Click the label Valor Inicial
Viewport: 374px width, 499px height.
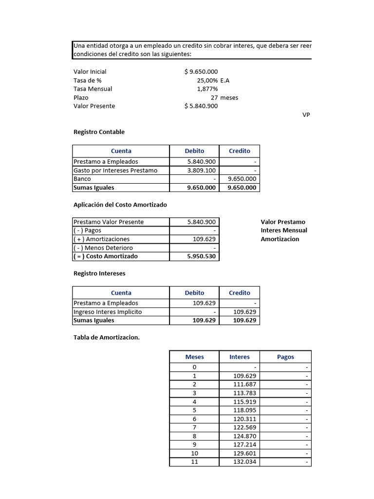90,72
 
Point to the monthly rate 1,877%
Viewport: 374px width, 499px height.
207,89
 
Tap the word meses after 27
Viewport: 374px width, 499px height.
229,97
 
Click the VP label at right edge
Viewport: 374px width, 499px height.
306,115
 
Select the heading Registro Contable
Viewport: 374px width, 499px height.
99,132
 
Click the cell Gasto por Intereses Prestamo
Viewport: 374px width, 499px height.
115,171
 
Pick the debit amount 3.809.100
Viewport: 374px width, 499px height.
202,171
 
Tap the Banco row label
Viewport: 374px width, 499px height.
82,179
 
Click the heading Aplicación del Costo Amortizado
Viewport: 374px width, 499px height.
120,205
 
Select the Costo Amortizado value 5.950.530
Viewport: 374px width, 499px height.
202,256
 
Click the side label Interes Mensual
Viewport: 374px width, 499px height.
284,230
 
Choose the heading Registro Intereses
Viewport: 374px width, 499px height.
99,273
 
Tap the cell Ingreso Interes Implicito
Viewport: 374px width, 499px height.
108,312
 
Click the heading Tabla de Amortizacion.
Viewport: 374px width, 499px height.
106,337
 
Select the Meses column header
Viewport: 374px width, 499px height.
195,357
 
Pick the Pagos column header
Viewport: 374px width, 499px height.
285,357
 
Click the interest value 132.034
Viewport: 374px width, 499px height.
244,462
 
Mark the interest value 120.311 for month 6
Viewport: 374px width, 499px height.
244,419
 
